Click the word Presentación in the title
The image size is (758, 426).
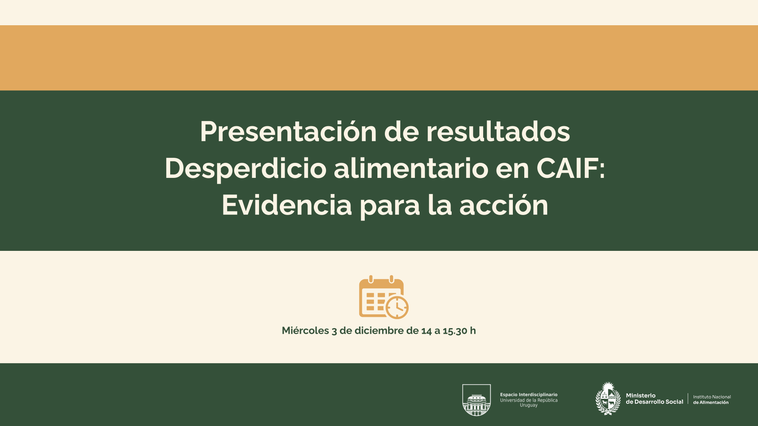(288, 132)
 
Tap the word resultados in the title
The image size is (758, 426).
(498, 131)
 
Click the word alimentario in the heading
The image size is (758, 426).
(411, 168)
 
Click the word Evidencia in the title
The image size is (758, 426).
(287, 205)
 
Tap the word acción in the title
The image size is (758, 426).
(504, 205)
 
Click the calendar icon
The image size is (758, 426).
(383, 297)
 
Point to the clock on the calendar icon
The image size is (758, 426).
(397, 308)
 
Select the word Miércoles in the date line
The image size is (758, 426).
(305, 331)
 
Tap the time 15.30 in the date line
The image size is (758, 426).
(455, 331)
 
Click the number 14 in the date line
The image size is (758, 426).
(426, 331)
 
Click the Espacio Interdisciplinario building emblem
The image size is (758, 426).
(477, 400)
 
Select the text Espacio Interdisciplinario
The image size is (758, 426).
(529, 394)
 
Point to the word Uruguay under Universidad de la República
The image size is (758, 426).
(529, 405)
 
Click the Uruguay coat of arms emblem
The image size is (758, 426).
(608, 398)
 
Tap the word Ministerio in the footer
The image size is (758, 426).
(641, 395)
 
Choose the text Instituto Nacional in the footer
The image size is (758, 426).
(712, 397)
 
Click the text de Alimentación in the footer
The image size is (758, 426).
(711, 402)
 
